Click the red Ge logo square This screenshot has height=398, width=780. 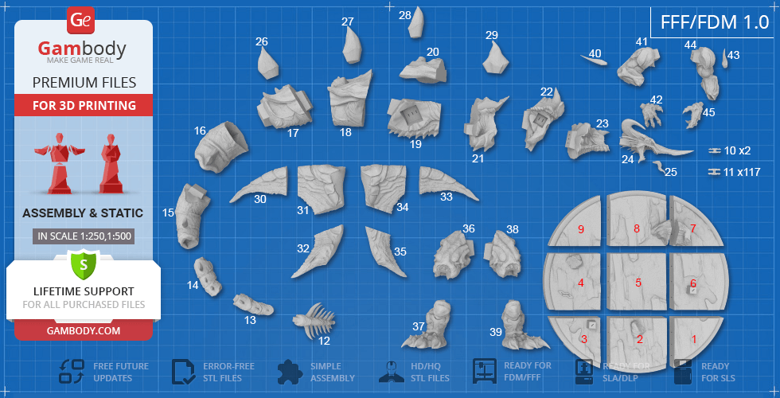click(80, 21)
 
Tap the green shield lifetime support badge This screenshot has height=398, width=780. click(84, 264)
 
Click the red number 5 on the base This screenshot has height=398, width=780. click(638, 283)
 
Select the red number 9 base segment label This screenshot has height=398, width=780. click(580, 229)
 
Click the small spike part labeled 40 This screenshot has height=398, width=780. click(594, 60)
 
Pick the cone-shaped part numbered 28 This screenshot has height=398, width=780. click(416, 22)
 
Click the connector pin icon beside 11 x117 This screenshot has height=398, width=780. click(715, 172)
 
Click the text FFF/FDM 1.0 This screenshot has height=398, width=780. click(715, 22)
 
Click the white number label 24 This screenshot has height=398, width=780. click(627, 159)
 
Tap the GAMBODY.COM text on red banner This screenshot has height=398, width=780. click(84, 330)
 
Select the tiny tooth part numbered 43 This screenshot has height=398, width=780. click(723, 59)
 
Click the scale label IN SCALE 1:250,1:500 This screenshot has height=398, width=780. click(84, 236)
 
